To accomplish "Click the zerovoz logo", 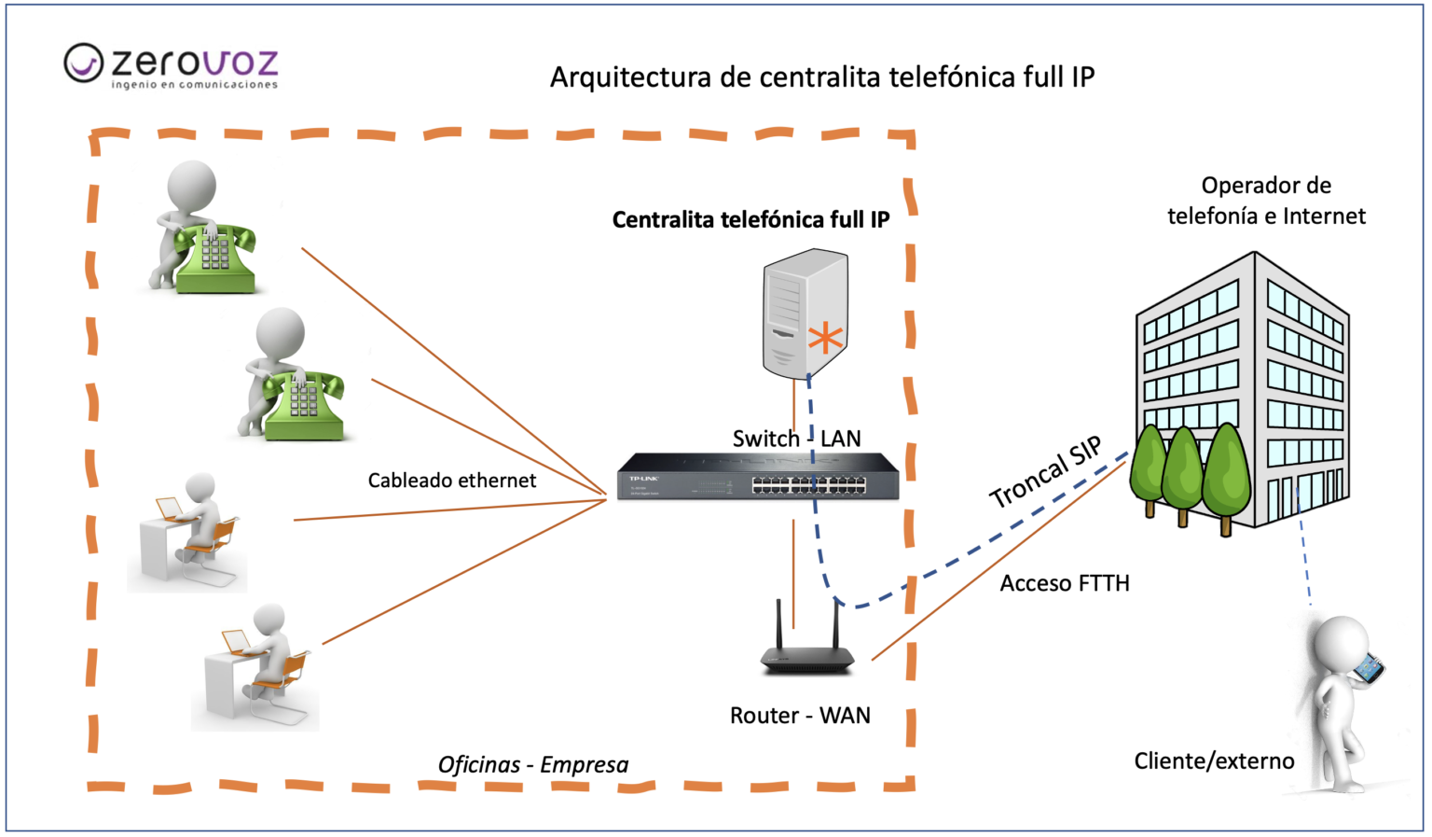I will pos(172,65).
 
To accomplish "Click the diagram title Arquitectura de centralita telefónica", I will pos(821,77).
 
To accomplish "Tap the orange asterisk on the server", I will pos(825,338).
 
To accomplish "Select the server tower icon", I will pos(804,313).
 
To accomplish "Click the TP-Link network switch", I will pos(758,476).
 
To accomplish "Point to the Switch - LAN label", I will pos(796,439).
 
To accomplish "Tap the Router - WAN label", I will pos(800,716).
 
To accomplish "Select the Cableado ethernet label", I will pos(452,481).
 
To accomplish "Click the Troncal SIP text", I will pos(1045,472).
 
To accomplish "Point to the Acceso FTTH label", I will pos(1065,583).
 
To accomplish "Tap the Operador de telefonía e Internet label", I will pos(1266,201).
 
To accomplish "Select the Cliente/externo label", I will pos(1214,761).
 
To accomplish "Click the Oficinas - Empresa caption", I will pos(533,765).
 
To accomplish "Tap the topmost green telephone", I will pos(216,258).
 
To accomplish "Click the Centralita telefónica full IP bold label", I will pos(750,220).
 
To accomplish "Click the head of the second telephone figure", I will pos(281,331).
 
